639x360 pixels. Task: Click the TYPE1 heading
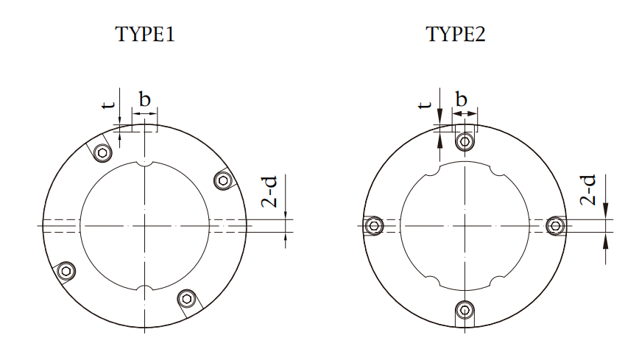145,34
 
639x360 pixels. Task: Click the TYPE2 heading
456,34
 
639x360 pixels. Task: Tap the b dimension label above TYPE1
145,99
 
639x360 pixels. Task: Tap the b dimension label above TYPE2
461,99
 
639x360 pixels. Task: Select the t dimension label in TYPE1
107,105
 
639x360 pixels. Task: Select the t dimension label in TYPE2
425,105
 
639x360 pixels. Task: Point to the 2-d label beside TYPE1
269,191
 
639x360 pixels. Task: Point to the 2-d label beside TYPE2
588,190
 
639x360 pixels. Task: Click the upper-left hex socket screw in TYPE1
103,153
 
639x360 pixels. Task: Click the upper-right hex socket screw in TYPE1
223,180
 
